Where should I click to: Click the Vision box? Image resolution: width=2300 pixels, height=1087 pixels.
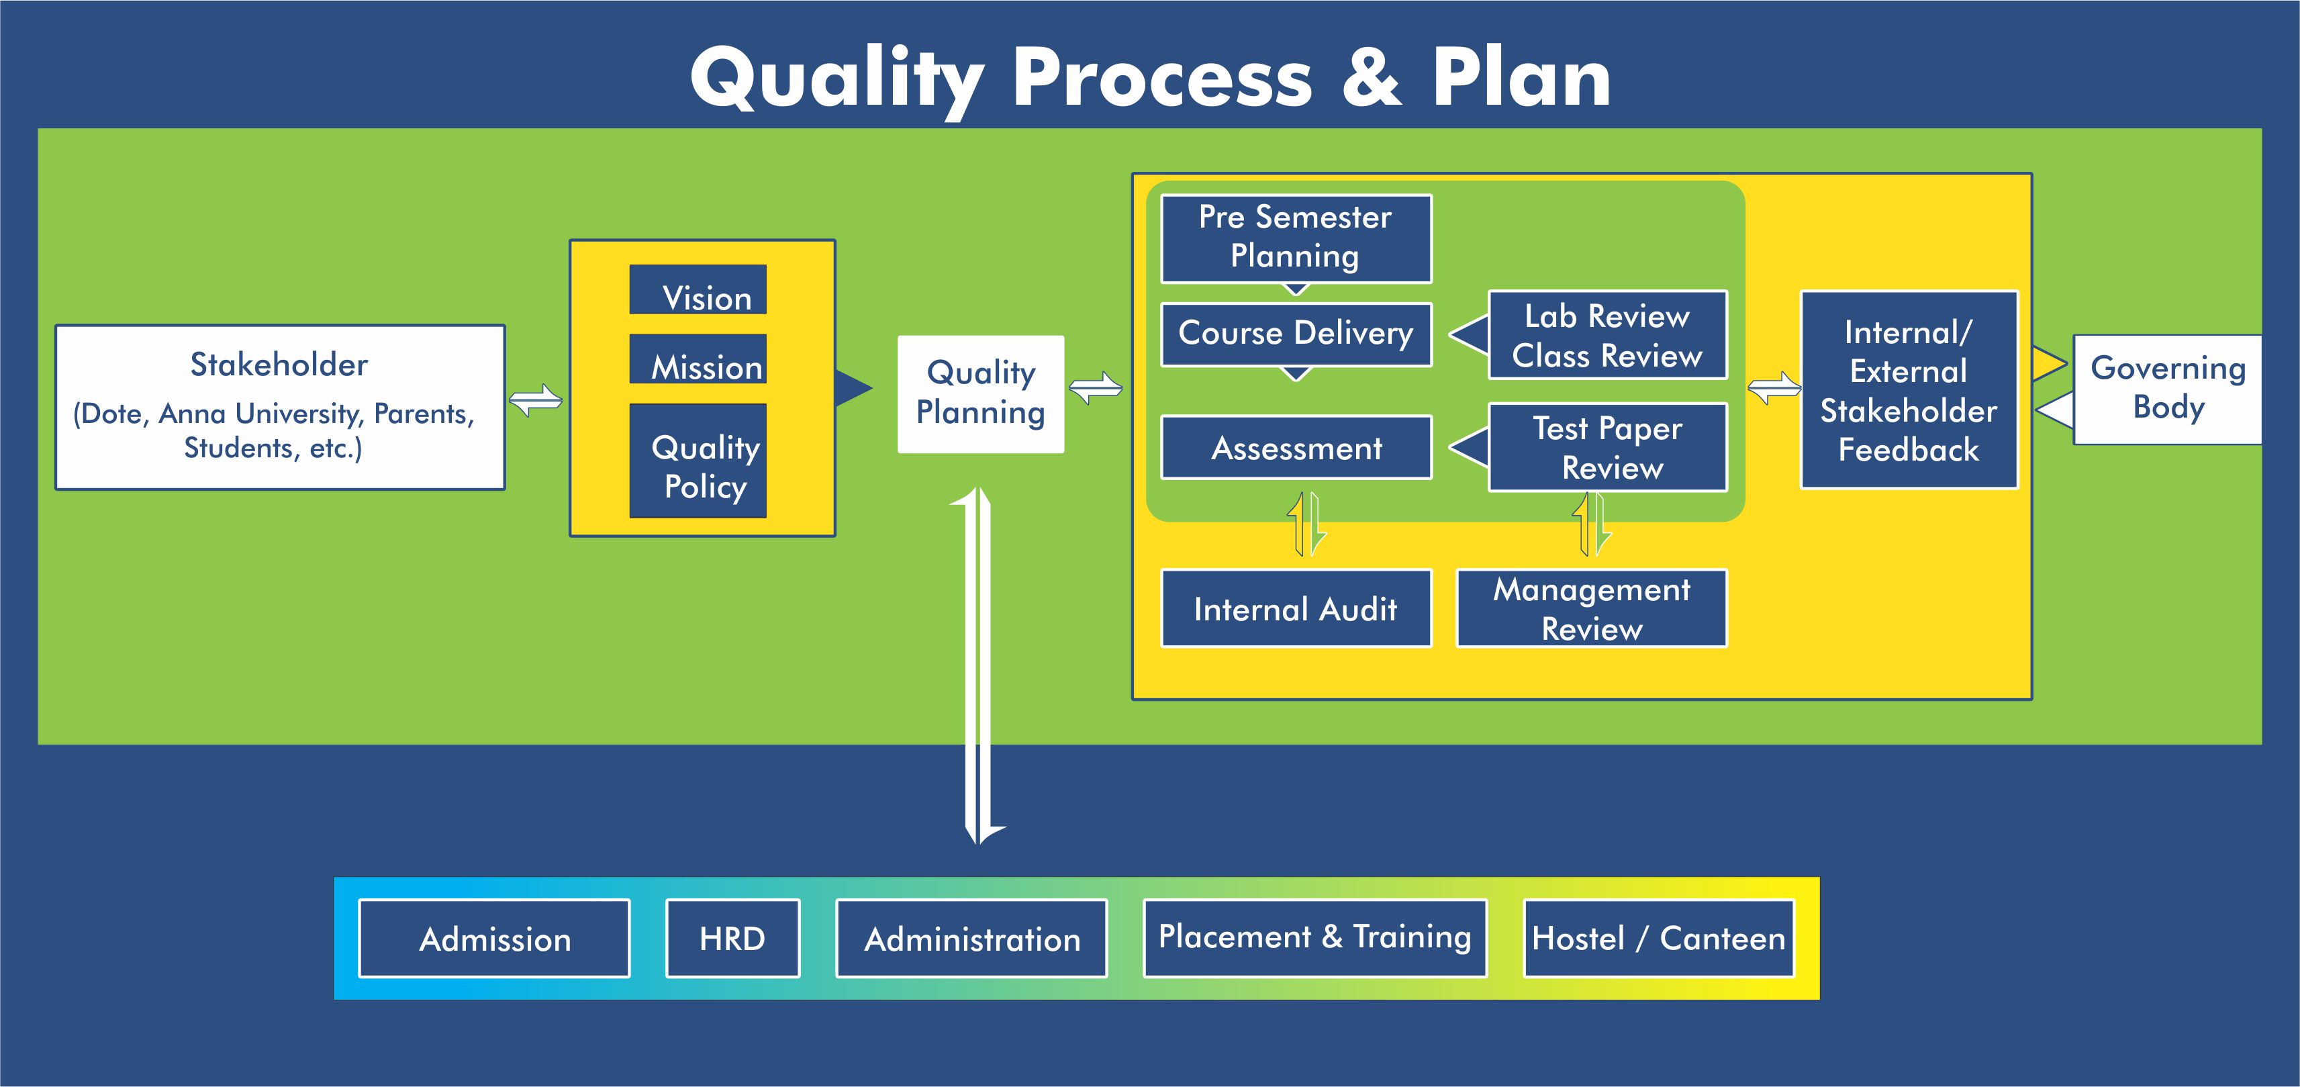click(x=698, y=289)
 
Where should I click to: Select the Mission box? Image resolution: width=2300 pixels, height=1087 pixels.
click(x=698, y=359)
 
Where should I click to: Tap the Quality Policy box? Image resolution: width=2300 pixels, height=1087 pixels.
click(x=698, y=461)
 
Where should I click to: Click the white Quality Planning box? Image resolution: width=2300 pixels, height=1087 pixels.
click(x=980, y=394)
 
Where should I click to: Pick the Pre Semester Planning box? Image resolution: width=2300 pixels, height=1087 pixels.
click(x=1296, y=238)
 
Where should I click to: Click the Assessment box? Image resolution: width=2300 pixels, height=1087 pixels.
click(x=1296, y=447)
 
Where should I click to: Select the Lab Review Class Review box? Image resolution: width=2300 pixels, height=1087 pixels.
click(x=1607, y=335)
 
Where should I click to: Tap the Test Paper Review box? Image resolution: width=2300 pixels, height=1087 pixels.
click(x=1607, y=446)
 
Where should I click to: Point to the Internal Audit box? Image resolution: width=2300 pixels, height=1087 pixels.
click(x=1296, y=608)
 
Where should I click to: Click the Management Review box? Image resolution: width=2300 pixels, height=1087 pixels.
click(x=1591, y=608)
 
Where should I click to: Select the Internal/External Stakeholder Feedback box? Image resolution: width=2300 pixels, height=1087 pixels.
click(x=1909, y=389)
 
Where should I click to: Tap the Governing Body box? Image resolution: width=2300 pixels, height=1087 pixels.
click(x=2167, y=389)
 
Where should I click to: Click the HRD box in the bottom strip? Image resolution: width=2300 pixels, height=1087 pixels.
click(x=732, y=938)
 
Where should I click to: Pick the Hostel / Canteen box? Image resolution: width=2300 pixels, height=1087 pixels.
click(x=1658, y=938)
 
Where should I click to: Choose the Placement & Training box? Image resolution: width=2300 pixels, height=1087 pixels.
click(x=1314, y=938)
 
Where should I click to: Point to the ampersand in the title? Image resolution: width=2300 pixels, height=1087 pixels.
click(x=1372, y=78)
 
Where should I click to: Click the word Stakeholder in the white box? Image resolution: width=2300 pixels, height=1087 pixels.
click(x=279, y=365)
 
